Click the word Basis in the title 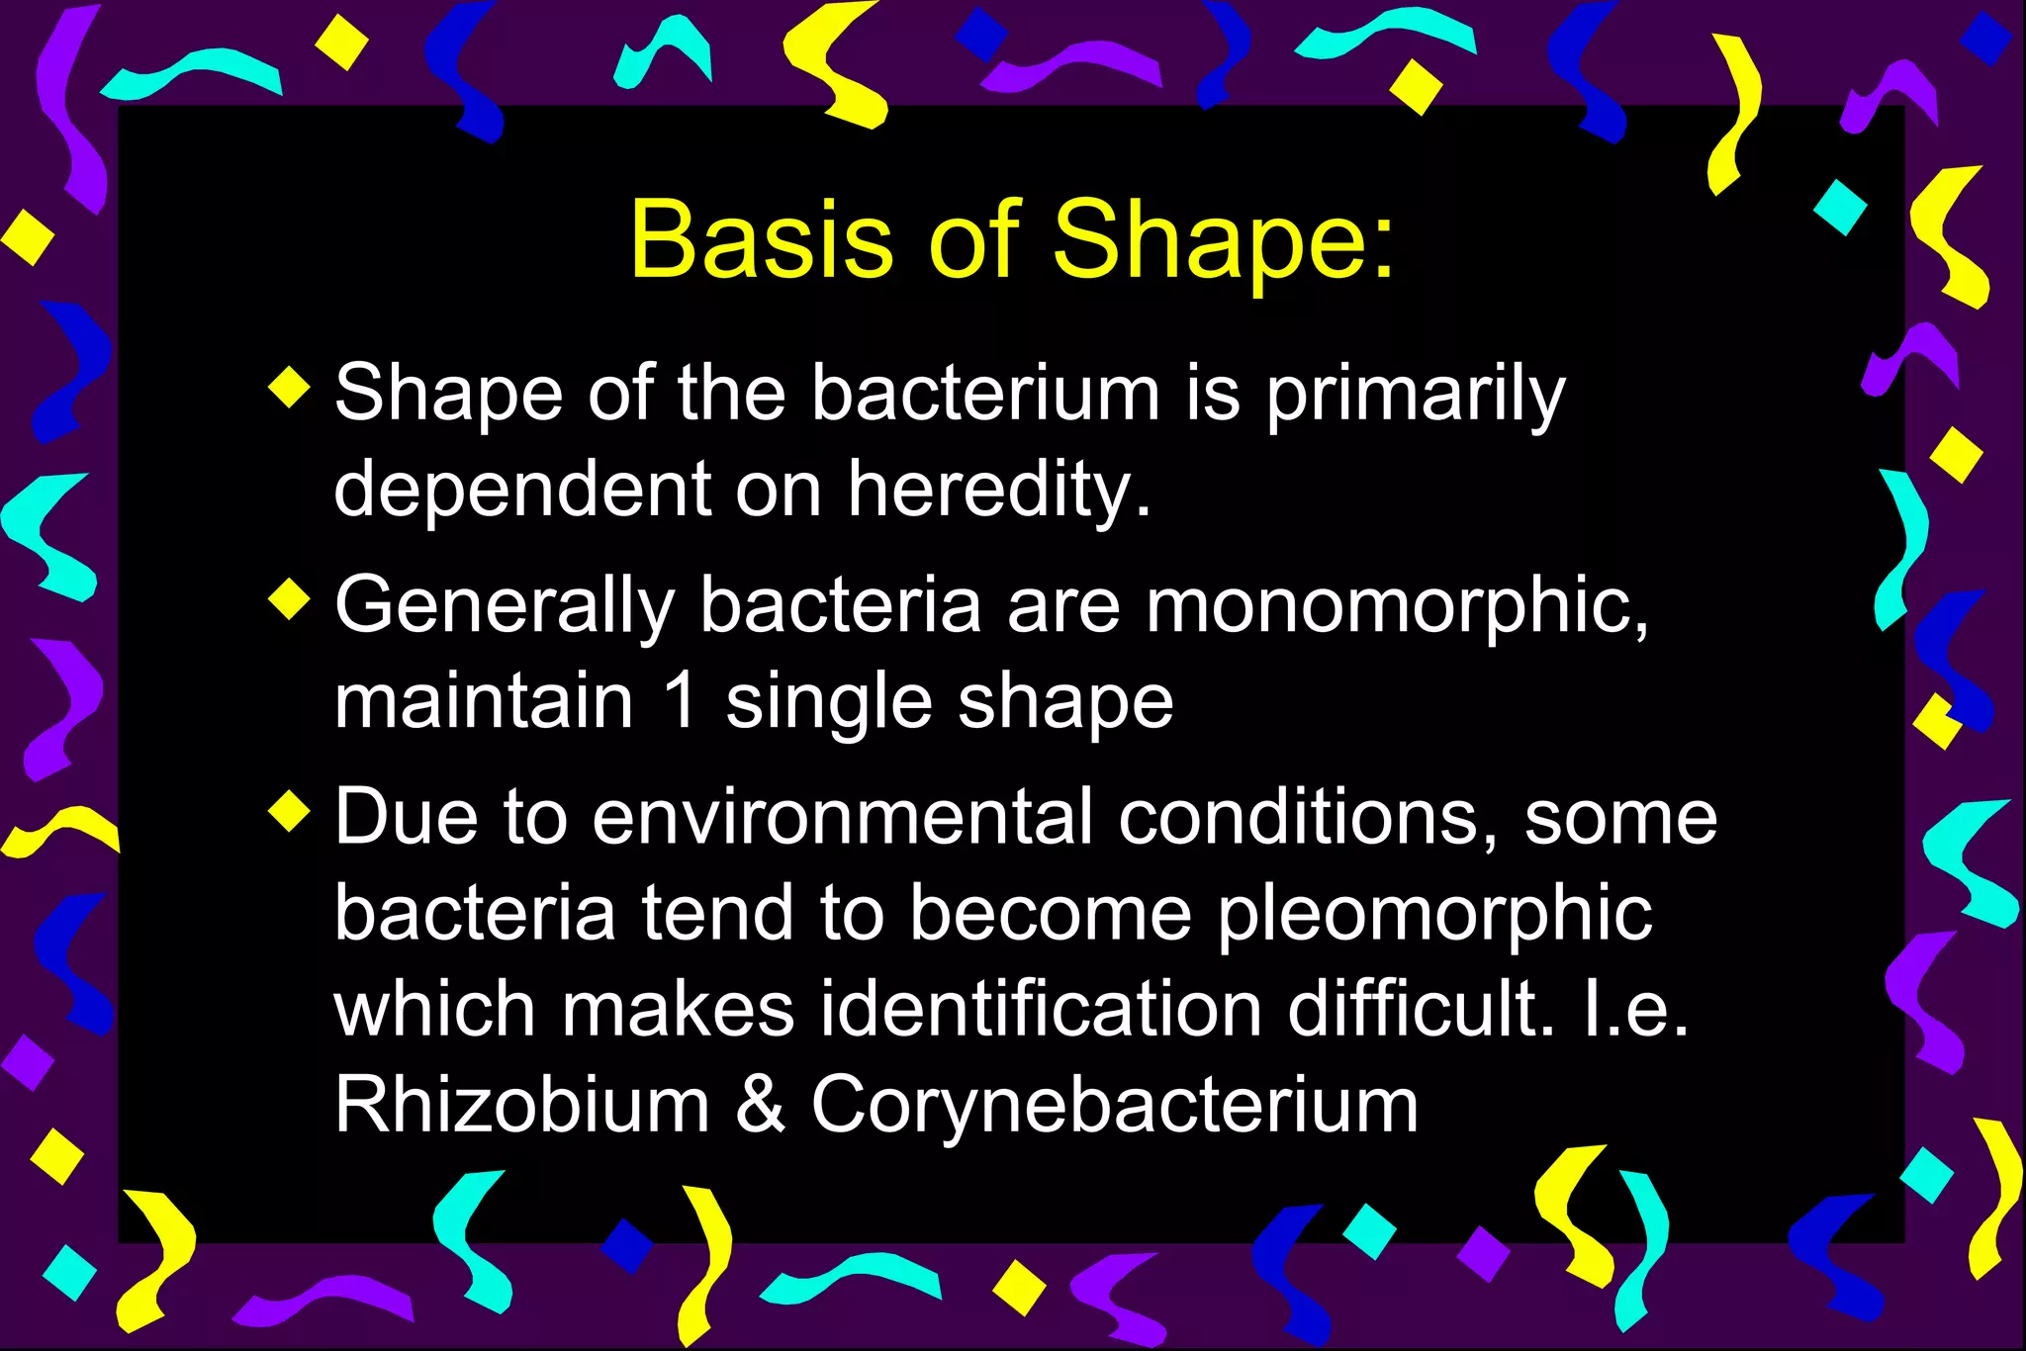[760, 239]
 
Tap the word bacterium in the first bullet [985, 394]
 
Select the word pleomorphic [1434, 914]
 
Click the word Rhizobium [521, 1104]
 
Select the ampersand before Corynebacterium [760, 1104]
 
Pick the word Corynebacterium [1115, 1106]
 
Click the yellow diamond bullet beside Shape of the [289, 386]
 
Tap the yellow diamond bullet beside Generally [289, 599]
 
